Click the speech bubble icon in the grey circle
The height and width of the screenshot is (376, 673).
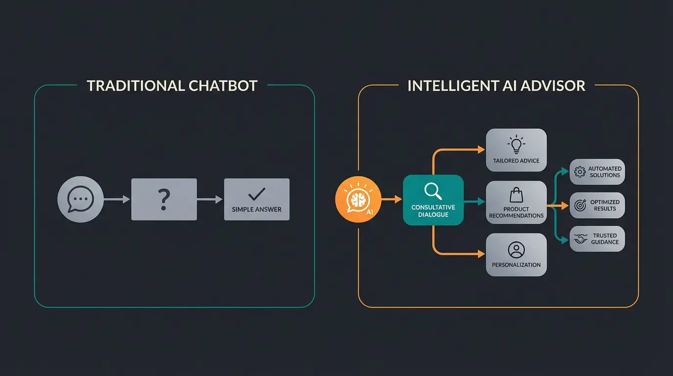coord(80,199)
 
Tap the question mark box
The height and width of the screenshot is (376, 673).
coord(164,199)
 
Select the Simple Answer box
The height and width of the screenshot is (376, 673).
coord(257,199)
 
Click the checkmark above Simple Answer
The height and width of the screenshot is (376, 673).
coord(257,194)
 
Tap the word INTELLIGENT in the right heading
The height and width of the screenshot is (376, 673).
coord(449,86)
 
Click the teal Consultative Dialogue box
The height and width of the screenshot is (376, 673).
coord(433,200)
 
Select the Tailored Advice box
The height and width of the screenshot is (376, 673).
coord(516,150)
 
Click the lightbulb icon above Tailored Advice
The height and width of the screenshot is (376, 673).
coord(516,145)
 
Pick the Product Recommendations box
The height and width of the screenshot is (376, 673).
coord(516,202)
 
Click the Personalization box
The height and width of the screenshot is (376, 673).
coord(516,255)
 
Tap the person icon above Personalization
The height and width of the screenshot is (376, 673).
coord(516,250)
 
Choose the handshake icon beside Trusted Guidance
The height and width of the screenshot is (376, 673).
coord(581,239)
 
